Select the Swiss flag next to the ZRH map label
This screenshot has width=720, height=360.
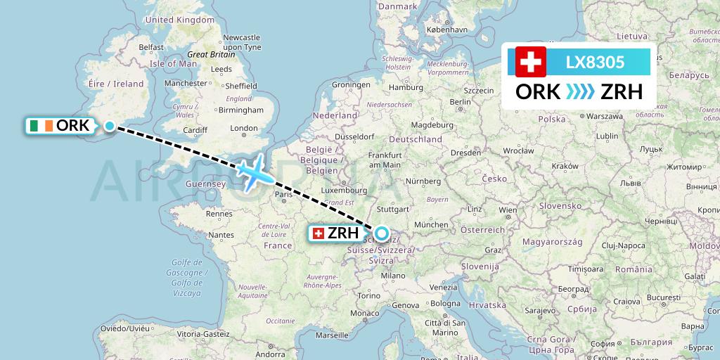point(318,233)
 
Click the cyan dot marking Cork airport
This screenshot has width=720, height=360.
point(110,126)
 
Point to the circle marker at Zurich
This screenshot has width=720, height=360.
point(381,233)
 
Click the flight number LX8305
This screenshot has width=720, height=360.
point(595,62)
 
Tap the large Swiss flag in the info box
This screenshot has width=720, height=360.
point(531,62)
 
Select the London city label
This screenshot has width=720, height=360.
point(244,128)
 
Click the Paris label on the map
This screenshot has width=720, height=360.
point(284,194)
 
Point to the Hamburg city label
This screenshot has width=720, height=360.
point(406,88)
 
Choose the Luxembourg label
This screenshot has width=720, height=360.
point(343,190)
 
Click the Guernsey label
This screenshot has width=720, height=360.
point(204,184)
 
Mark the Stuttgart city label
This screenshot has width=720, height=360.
point(393,209)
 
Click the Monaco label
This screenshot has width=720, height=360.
point(364,313)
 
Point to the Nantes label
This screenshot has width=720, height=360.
point(221,235)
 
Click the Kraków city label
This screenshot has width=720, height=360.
point(565,166)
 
